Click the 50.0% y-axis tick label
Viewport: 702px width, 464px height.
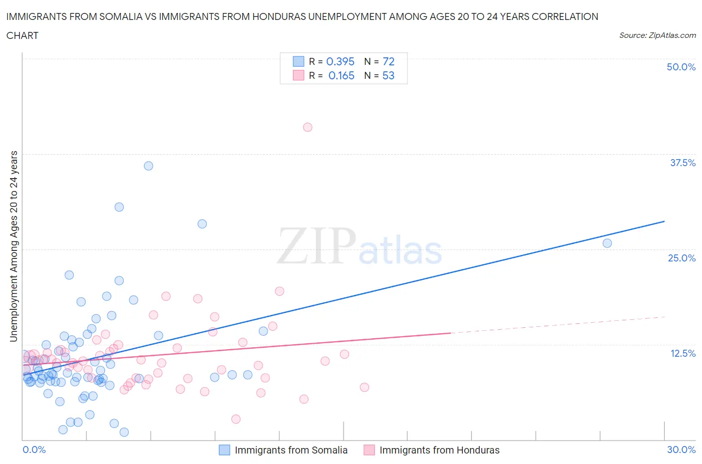pos(681,67)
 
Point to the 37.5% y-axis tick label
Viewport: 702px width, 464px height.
pos(683,163)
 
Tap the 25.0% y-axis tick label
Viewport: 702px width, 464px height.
pos(682,258)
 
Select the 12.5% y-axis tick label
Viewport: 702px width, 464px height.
pos(683,353)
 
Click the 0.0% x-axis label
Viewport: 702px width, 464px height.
pos(34,450)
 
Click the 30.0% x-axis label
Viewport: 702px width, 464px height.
pos(681,450)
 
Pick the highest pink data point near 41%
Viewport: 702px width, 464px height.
pos(308,127)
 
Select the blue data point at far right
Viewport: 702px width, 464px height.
pos(607,243)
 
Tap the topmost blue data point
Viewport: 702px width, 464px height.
pos(148,166)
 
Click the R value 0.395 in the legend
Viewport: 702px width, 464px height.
pos(340,61)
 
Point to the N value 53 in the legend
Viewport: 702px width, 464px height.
pos(388,75)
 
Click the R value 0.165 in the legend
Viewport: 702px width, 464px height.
pos(341,75)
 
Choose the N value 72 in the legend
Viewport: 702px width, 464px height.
pos(388,61)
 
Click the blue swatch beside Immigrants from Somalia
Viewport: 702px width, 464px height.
pos(225,450)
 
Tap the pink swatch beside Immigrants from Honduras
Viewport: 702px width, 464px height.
pos(369,450)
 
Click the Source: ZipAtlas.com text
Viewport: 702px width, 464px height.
pos(657,35)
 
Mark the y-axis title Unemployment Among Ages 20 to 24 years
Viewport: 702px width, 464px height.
pos(13,246)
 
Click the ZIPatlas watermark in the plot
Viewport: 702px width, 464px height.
pos(359,246)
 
